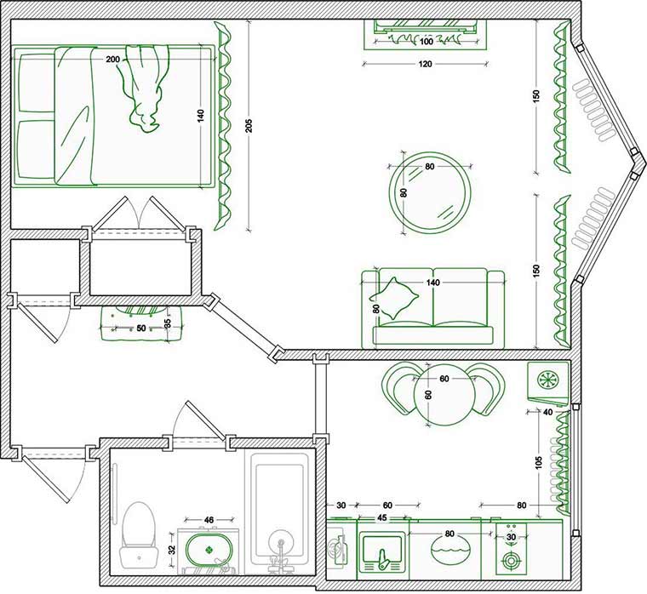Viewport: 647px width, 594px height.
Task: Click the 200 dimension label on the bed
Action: (x=112, y=60)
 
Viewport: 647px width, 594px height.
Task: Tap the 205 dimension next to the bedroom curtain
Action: (x=249, y=126)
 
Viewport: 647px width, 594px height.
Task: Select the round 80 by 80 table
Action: (x=430, y=192)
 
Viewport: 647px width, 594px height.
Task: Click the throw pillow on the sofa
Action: (x=393, y=298)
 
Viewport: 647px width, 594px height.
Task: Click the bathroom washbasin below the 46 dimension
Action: (x=209, y=550)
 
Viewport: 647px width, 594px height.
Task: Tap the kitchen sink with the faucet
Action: (x=381, y=551)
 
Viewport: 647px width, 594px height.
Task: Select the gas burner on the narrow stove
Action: (x=512, y=562)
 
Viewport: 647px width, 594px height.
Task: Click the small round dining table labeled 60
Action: (x=442, y=395)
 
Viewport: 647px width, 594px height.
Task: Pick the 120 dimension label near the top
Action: (x=425, y=64)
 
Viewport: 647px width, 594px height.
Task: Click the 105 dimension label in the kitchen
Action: (x=539, y=462)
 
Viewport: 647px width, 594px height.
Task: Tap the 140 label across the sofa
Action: (x=433, y=283)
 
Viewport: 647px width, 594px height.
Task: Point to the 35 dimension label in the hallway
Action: (x=168, y=323)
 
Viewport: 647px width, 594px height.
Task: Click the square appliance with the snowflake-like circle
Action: (x=548, y=381)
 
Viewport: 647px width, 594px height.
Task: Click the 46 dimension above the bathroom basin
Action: (x=209, y=520)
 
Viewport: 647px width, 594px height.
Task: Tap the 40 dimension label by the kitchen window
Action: (x=548, y=412)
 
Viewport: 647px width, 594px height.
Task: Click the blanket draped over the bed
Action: (x=144, y=88)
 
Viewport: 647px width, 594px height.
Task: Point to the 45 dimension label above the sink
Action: (x=382, y=517)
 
